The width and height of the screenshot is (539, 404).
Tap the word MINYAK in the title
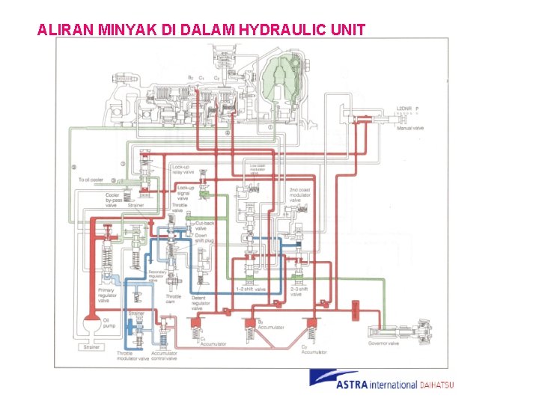point(126,30)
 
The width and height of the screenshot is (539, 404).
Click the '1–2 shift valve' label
point(251,290)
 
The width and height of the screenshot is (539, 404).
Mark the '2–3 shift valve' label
point(301,292)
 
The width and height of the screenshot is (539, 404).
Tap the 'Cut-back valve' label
point(205,226)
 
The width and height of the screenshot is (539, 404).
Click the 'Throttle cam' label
point(173,299)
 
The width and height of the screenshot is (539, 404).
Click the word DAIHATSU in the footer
point(436,385)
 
